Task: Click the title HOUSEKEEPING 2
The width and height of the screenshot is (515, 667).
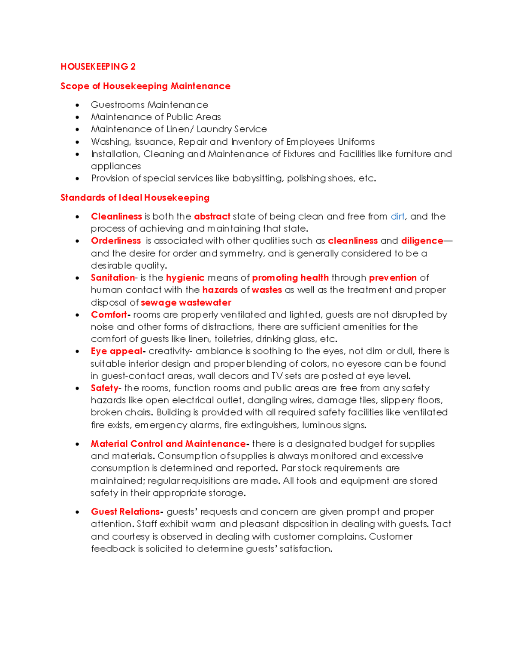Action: (98, 67)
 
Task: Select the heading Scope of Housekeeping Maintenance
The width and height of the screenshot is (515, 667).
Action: (145, 86)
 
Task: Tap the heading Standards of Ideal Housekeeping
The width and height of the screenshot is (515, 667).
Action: (135, 198)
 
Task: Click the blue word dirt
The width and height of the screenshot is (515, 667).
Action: (397, 216)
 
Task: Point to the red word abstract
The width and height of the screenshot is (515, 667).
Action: (212, 216)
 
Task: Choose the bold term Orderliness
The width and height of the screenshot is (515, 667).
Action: (116, 241)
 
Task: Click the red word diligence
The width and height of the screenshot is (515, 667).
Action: (422, 241)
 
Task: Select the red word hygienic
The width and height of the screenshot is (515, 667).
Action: (185, 278)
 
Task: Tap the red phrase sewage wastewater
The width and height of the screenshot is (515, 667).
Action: (186, 302)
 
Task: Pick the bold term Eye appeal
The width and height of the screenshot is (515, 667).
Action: (116, 351)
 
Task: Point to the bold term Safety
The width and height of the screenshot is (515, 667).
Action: (104, 388)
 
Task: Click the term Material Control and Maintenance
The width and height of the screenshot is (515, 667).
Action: (168, 444)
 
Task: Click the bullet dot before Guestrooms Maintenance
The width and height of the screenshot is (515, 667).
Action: (77, 105)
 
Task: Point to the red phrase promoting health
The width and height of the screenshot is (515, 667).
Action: (290, 278)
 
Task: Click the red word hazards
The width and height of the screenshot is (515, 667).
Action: (220, 290)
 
